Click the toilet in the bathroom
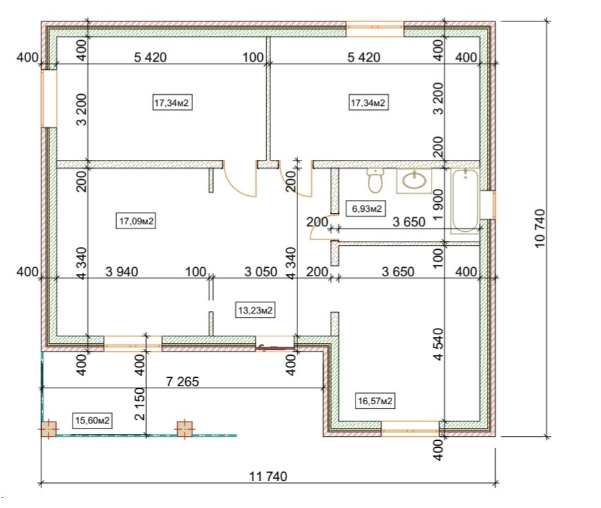376,181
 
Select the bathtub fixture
465,200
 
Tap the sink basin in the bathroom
414,181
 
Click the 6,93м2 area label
364,208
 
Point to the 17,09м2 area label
136,221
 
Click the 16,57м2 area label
376,400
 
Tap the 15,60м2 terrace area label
93,420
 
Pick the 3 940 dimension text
122,271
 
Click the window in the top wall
374,30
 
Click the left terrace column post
48,429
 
